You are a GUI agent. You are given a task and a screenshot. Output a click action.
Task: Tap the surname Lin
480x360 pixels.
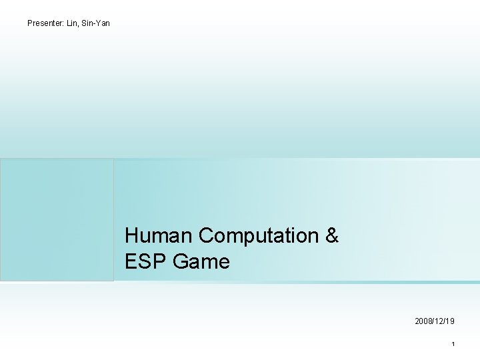[x=72, y=23]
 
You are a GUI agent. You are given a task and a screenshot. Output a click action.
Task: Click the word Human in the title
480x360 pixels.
[x=159, y=236]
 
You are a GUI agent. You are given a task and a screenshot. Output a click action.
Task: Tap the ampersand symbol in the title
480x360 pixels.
[x=332, y=236]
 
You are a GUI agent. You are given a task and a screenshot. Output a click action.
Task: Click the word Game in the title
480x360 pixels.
[x=201, y=262]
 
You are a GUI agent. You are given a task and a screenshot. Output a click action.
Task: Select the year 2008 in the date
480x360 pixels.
[x=423, y=321]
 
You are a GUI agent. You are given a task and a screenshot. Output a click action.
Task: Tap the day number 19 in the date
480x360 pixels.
[x=450, y=321]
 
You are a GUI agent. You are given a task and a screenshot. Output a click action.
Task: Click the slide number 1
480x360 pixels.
[x=453, y=344]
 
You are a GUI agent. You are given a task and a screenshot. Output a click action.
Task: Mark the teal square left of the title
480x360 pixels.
[x=57, y=219]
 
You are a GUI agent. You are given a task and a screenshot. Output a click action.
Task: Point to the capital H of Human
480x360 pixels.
[x=131, y=236]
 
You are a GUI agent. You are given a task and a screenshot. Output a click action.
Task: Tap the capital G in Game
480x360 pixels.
[x=180, y=262]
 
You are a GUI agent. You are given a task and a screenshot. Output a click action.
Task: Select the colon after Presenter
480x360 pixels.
[x=64, y=24]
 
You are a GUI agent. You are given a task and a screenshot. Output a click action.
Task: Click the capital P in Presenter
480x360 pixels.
[x=30, y=23]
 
